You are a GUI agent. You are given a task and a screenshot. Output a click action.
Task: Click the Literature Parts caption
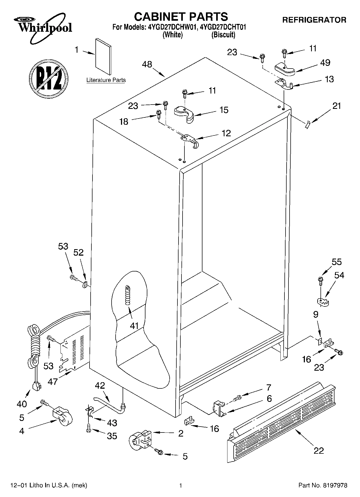tap(106, 80)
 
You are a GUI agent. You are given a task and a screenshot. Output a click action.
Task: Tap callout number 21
tap(337, 106)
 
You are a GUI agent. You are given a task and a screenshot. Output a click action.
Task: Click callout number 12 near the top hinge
tap(226, 133)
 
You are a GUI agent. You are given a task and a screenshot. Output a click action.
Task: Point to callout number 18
tap(124, 122)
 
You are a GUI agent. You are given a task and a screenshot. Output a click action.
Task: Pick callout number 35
tap(112, 436)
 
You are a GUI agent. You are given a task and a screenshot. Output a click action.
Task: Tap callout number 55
tap(337, 262)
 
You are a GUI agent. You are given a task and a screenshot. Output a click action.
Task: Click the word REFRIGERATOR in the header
tap(314, 20)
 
